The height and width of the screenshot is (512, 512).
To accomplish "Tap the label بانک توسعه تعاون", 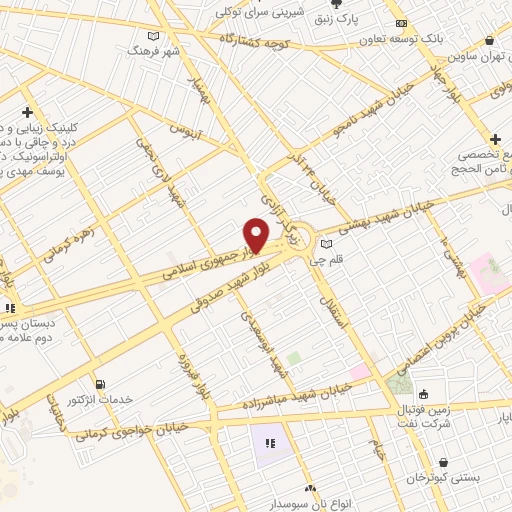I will [459, 38].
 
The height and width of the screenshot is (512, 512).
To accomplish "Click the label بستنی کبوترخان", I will [472, 479].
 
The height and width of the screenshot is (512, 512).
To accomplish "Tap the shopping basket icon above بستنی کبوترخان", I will [444, 463].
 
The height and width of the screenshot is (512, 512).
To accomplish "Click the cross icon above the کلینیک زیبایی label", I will [27, 112].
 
